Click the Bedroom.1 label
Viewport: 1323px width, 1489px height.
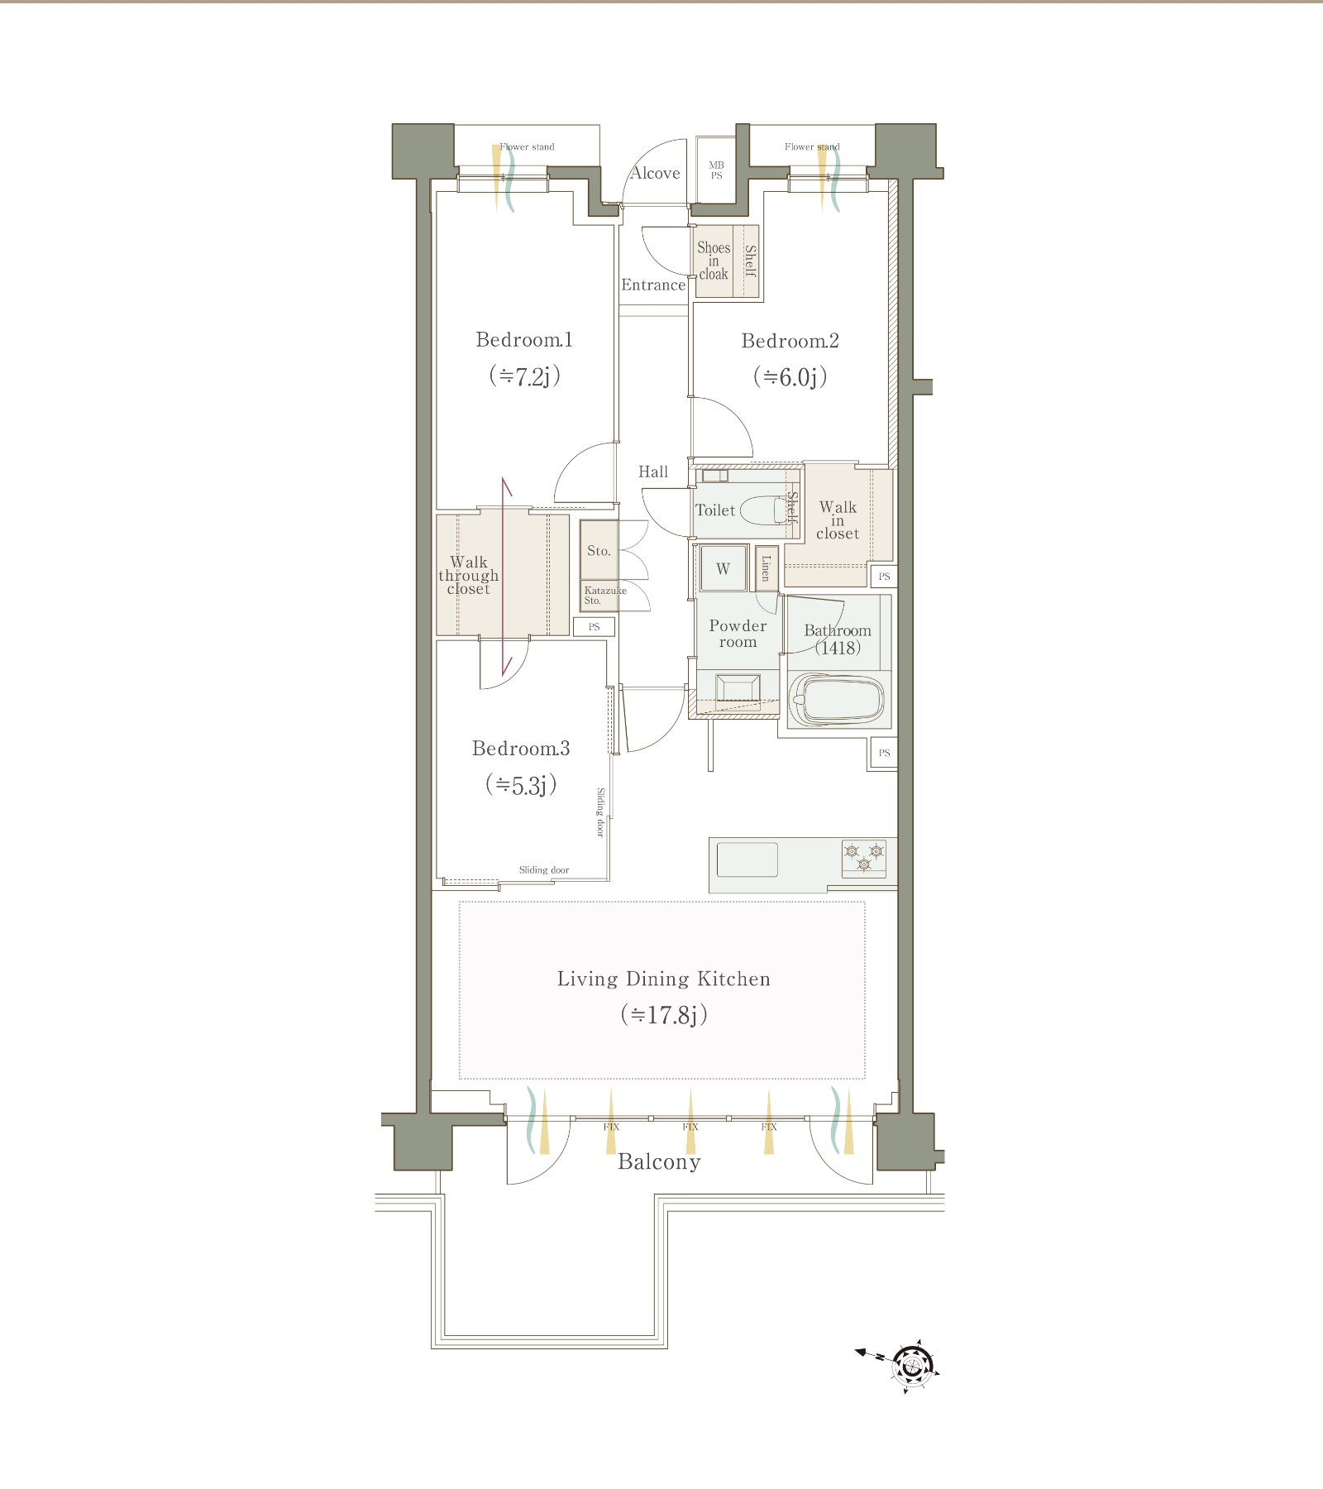click(524, 339)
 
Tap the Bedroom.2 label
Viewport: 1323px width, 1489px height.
click(790, 341)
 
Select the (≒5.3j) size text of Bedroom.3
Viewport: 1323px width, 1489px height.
click(520, 784)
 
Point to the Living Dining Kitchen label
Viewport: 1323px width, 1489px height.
click(663, 979)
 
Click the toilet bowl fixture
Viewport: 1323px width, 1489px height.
click(766, 510)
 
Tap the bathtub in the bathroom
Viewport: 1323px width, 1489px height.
click(838, 701)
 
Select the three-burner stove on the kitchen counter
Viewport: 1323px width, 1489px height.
click(863, 858)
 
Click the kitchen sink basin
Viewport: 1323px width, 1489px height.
click(747, 859)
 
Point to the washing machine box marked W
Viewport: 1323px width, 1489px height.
click(723, 568)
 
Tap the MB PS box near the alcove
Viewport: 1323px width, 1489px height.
click(716, 170)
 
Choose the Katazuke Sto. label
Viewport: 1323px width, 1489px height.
click(604, 596)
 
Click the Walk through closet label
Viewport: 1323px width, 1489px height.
click(468, 576)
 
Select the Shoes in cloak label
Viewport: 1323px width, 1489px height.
click(713, 261)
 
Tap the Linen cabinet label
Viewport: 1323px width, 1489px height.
click(766, 568)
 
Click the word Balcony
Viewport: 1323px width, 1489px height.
click(659, 1162)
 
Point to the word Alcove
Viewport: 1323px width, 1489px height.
click(655, 173)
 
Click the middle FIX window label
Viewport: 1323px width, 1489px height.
click(690, 1127)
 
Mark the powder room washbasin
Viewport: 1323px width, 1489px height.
click(738, 691)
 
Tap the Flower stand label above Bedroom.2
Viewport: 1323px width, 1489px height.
click(812, 146)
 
